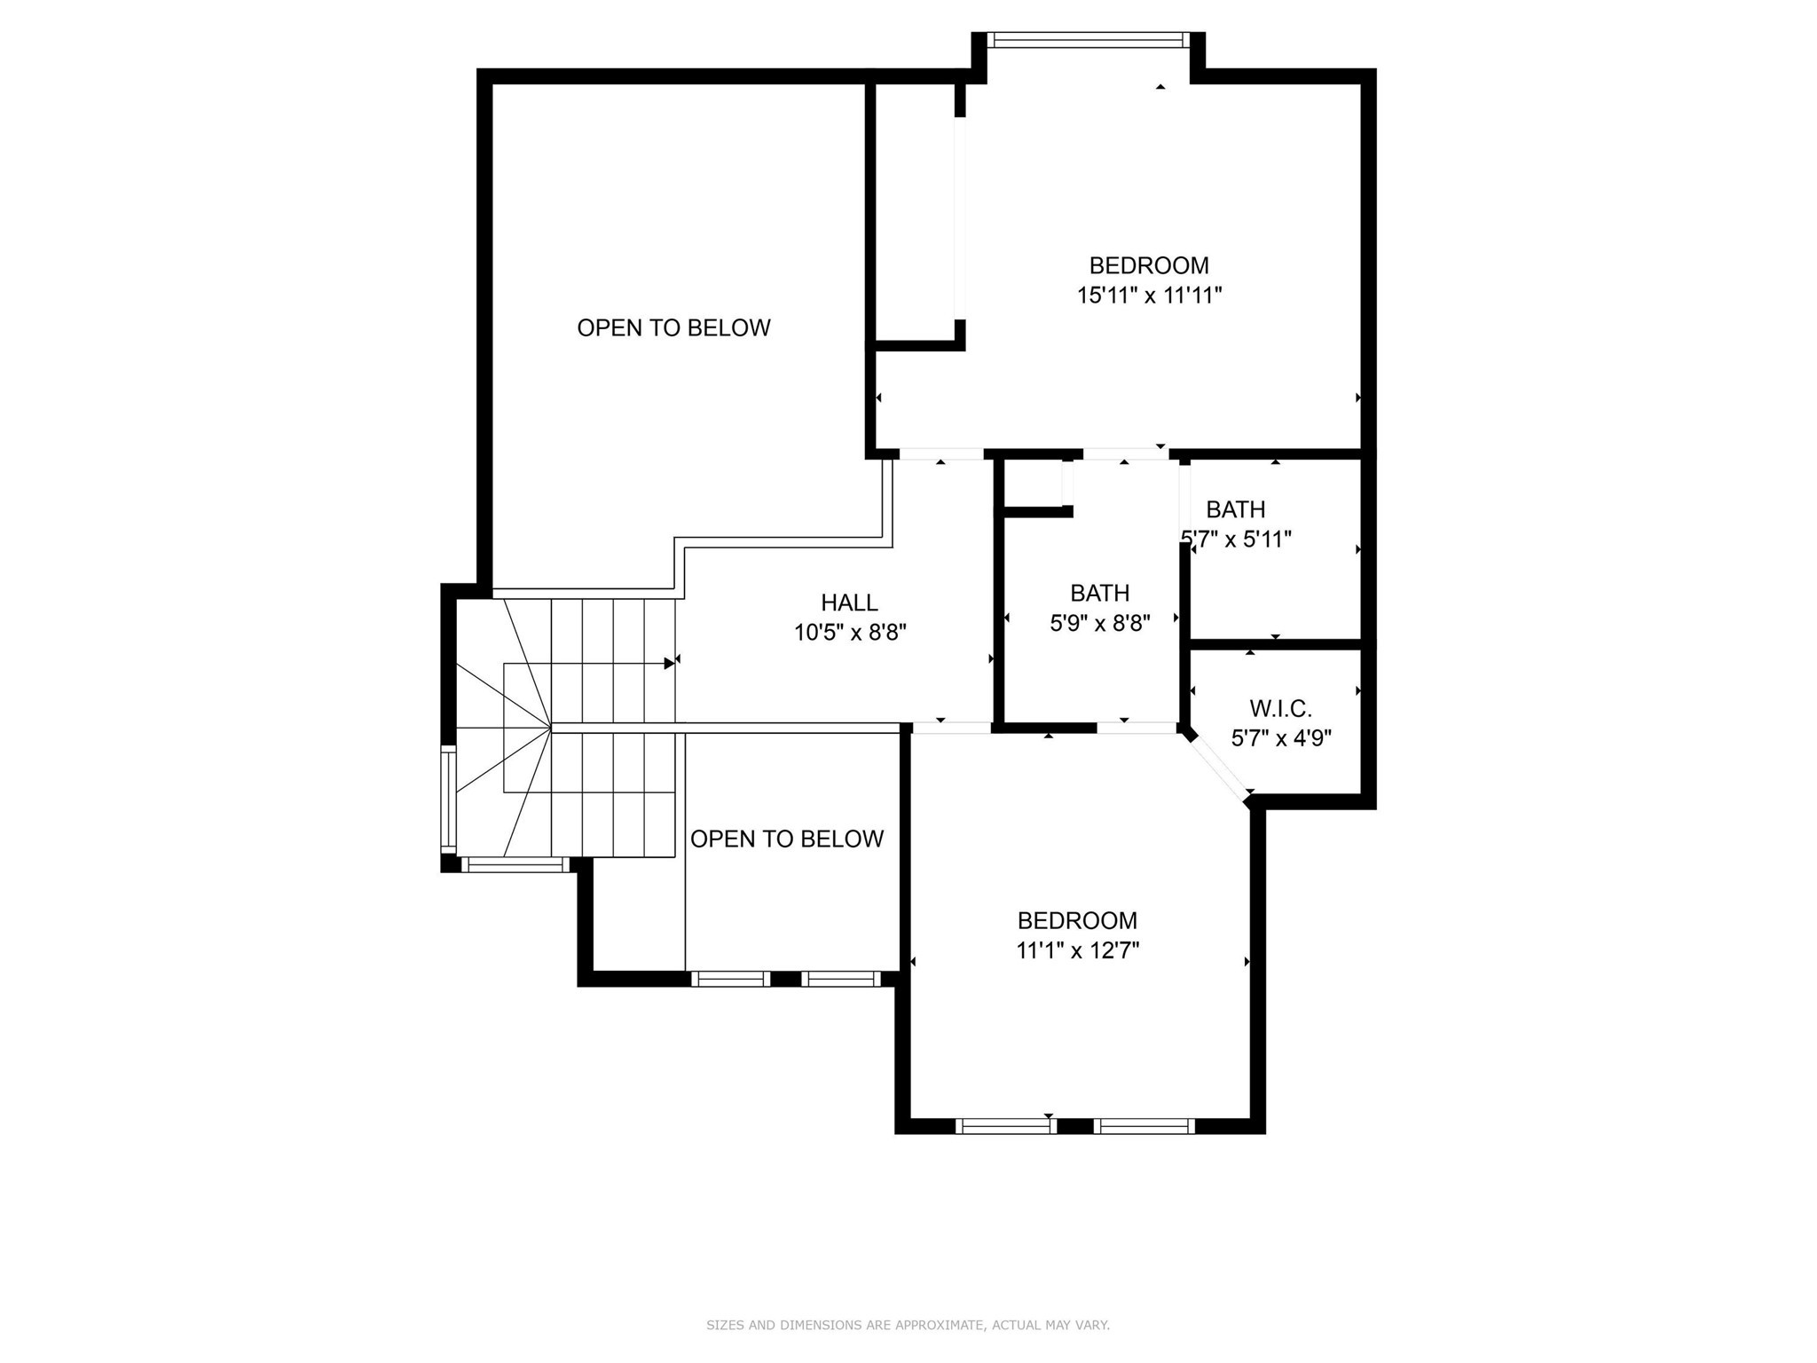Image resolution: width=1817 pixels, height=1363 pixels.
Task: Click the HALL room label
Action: (849, 603)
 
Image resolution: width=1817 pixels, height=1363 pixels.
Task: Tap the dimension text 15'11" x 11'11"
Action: (1149, 295)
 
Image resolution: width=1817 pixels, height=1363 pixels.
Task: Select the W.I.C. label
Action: (1280, 708)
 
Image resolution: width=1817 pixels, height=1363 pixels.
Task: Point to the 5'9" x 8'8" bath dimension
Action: (1099, 623)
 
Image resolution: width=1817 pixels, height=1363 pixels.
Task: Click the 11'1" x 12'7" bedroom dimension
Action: (1077, 950)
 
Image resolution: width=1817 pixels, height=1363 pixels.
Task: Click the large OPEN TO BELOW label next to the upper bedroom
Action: (673, 327)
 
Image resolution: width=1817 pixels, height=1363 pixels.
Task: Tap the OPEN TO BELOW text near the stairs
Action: (786, 839)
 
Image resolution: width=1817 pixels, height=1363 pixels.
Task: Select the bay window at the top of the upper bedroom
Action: (1088, 40)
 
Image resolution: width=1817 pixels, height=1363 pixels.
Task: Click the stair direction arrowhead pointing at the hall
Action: (669, 663)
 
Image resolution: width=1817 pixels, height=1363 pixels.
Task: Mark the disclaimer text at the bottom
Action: (908, 1325)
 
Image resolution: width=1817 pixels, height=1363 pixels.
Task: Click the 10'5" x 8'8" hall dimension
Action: (849, 633)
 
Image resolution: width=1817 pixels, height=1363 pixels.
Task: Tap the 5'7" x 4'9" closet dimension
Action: (1280, 738)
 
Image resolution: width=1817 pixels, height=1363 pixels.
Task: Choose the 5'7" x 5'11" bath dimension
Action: (1237, 540)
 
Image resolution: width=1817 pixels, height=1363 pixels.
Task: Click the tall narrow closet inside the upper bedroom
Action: (914, 213)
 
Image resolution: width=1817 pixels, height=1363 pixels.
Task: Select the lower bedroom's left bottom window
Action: (1005, 1126)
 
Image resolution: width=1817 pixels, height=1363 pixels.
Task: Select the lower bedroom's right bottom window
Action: (1144, 1126)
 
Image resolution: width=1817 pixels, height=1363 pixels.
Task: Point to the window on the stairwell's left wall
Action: (449, 800)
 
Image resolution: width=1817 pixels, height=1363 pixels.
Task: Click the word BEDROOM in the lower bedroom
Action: (1077, 920)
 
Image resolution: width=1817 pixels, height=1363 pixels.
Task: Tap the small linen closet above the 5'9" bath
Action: (1033, 484)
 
